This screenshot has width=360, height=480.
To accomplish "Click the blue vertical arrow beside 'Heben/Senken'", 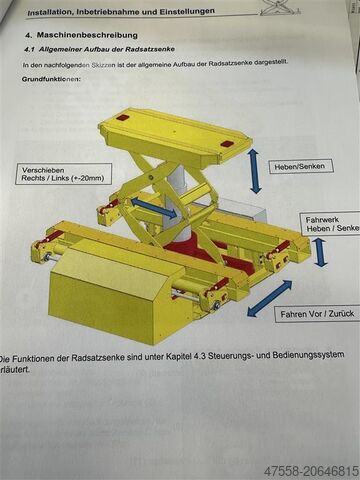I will pos(255,170).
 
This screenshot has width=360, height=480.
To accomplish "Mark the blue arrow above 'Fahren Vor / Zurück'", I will pos(269,298).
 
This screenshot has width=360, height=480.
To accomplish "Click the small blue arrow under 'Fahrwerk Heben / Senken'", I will pos(320,251).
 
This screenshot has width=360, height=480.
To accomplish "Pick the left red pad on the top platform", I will pos(122,118).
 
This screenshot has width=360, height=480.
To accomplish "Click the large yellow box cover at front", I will pos(105,290).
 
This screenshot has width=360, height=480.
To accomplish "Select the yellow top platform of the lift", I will pos(175,135).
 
